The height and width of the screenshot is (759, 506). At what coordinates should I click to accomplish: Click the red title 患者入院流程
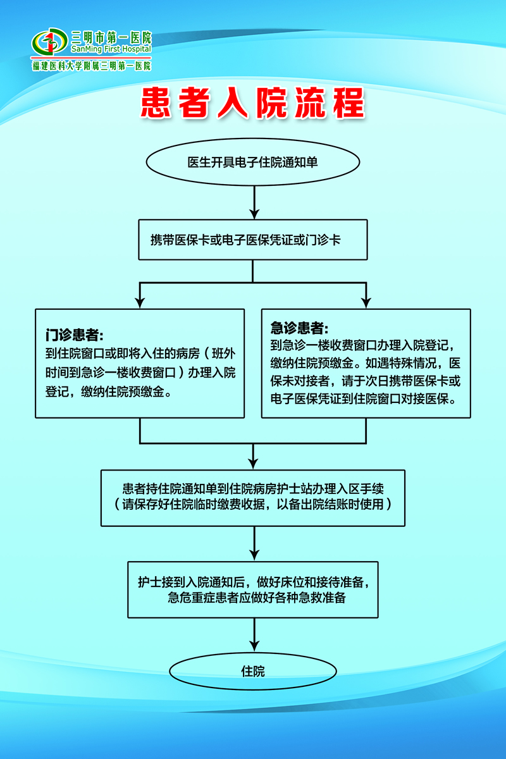(252, 104)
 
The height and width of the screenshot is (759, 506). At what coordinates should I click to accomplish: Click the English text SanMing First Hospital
(111, 49)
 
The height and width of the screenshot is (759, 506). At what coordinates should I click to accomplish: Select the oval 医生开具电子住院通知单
(252, 163)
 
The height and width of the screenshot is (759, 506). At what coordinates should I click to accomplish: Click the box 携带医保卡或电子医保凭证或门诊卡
(252, 240)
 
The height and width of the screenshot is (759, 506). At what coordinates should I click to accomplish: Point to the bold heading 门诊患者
(74, 333)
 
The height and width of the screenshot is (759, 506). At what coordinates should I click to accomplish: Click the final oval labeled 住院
(252, 671)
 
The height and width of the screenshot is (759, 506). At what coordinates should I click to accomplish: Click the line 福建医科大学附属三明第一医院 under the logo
(92, 66)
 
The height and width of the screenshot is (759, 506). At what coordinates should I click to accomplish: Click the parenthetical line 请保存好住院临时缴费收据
(252, 505)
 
